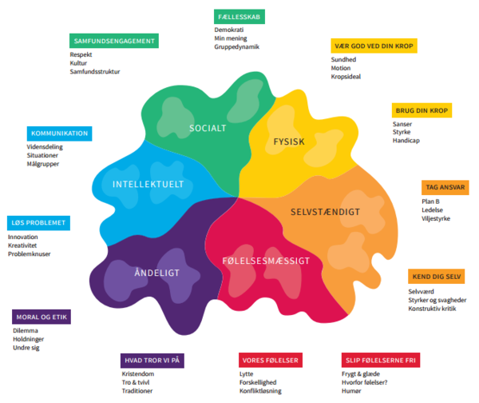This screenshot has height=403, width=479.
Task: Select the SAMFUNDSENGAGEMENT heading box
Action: (x=113, y=40)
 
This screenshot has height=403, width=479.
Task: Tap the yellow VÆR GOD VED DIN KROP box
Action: (x=364, y=46)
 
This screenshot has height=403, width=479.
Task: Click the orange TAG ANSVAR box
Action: (x=445, y=187)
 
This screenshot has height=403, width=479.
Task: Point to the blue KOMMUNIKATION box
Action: (x=58, y=133)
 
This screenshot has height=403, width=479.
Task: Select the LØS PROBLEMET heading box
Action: (x=37, y=222)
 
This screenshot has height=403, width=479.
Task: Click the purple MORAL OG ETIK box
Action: (x=42, y=317)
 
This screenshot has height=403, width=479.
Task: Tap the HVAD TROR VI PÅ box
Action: (x=152, y=361)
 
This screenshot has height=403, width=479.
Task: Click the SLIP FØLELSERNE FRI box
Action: (x=379, y=361)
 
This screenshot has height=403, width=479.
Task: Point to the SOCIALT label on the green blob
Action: (x=208, y=128)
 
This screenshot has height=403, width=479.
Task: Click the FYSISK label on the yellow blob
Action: (x=290, y=142)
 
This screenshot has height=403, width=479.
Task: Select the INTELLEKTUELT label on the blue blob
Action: (x=148, y=184)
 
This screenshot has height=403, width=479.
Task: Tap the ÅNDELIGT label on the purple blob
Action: (x=157, y=273)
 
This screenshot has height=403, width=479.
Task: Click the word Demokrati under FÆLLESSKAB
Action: (x=228, y=29)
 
